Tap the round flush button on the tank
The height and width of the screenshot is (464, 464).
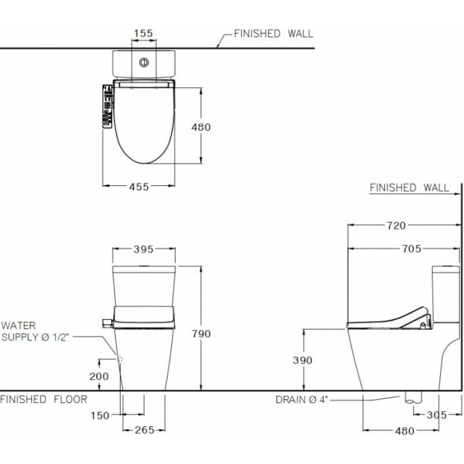pyautogui.click(x=144, y=63)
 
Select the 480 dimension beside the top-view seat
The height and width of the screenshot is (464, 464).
pyautogui.click(x=201, y=127)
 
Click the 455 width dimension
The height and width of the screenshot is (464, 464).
pyautogui.click(x=139, y=186)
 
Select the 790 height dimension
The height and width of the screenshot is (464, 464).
pyautogui.click(x=201, y=334)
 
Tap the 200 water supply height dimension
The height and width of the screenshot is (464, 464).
pyautogui.click(x=99, y=376)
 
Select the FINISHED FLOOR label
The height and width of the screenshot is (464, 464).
pyautogui.click(x=44, y=399)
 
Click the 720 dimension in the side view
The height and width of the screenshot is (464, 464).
pyautogui.click(x=396, y=226)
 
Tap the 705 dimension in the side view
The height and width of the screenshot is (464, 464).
pyautogui.click(x=412, y=249)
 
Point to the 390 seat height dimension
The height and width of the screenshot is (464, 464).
pyautogui.click(x=303, y=360)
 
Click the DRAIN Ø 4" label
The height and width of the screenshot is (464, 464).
pyautogui.click(x=302, y=400)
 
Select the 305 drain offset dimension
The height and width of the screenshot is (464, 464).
pyautogui.click(x=438, y=415)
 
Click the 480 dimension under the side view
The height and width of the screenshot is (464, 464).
pyautogui.click(x=404, y=431)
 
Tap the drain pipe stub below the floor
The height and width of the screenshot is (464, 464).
pyautogui.click(x=413, y=398)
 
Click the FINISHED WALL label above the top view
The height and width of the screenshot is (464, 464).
pyautogui.click(x=273, y=34)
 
